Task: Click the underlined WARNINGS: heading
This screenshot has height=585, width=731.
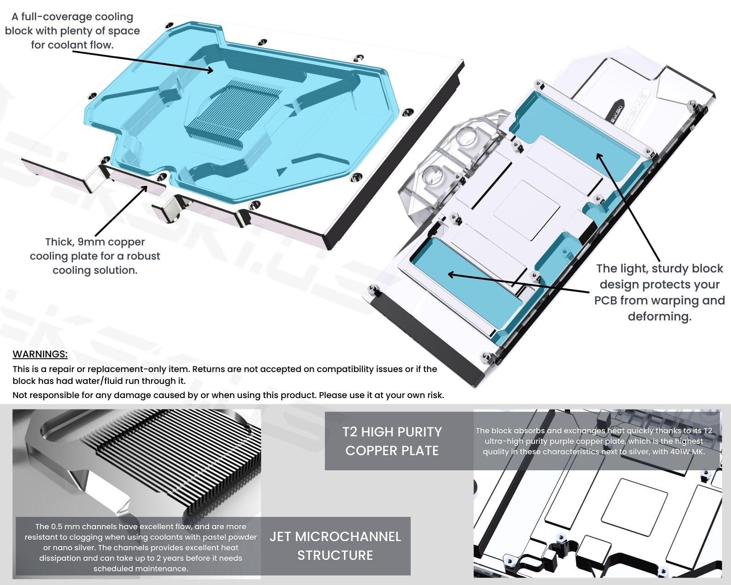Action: (x=40, y=354)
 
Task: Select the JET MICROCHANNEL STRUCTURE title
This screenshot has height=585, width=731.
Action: (x=335, y=546)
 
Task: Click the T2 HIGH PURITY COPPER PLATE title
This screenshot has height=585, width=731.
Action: (x=392, y=441)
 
